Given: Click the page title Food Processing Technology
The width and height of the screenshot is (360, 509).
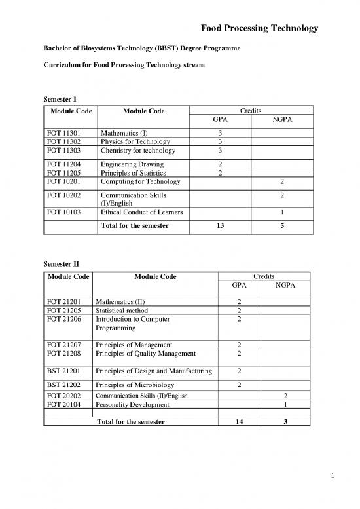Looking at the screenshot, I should [260, 29].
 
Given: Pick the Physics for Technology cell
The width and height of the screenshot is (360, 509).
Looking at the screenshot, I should [135, 141].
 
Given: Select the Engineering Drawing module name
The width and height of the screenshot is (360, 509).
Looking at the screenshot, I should [132, 164].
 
